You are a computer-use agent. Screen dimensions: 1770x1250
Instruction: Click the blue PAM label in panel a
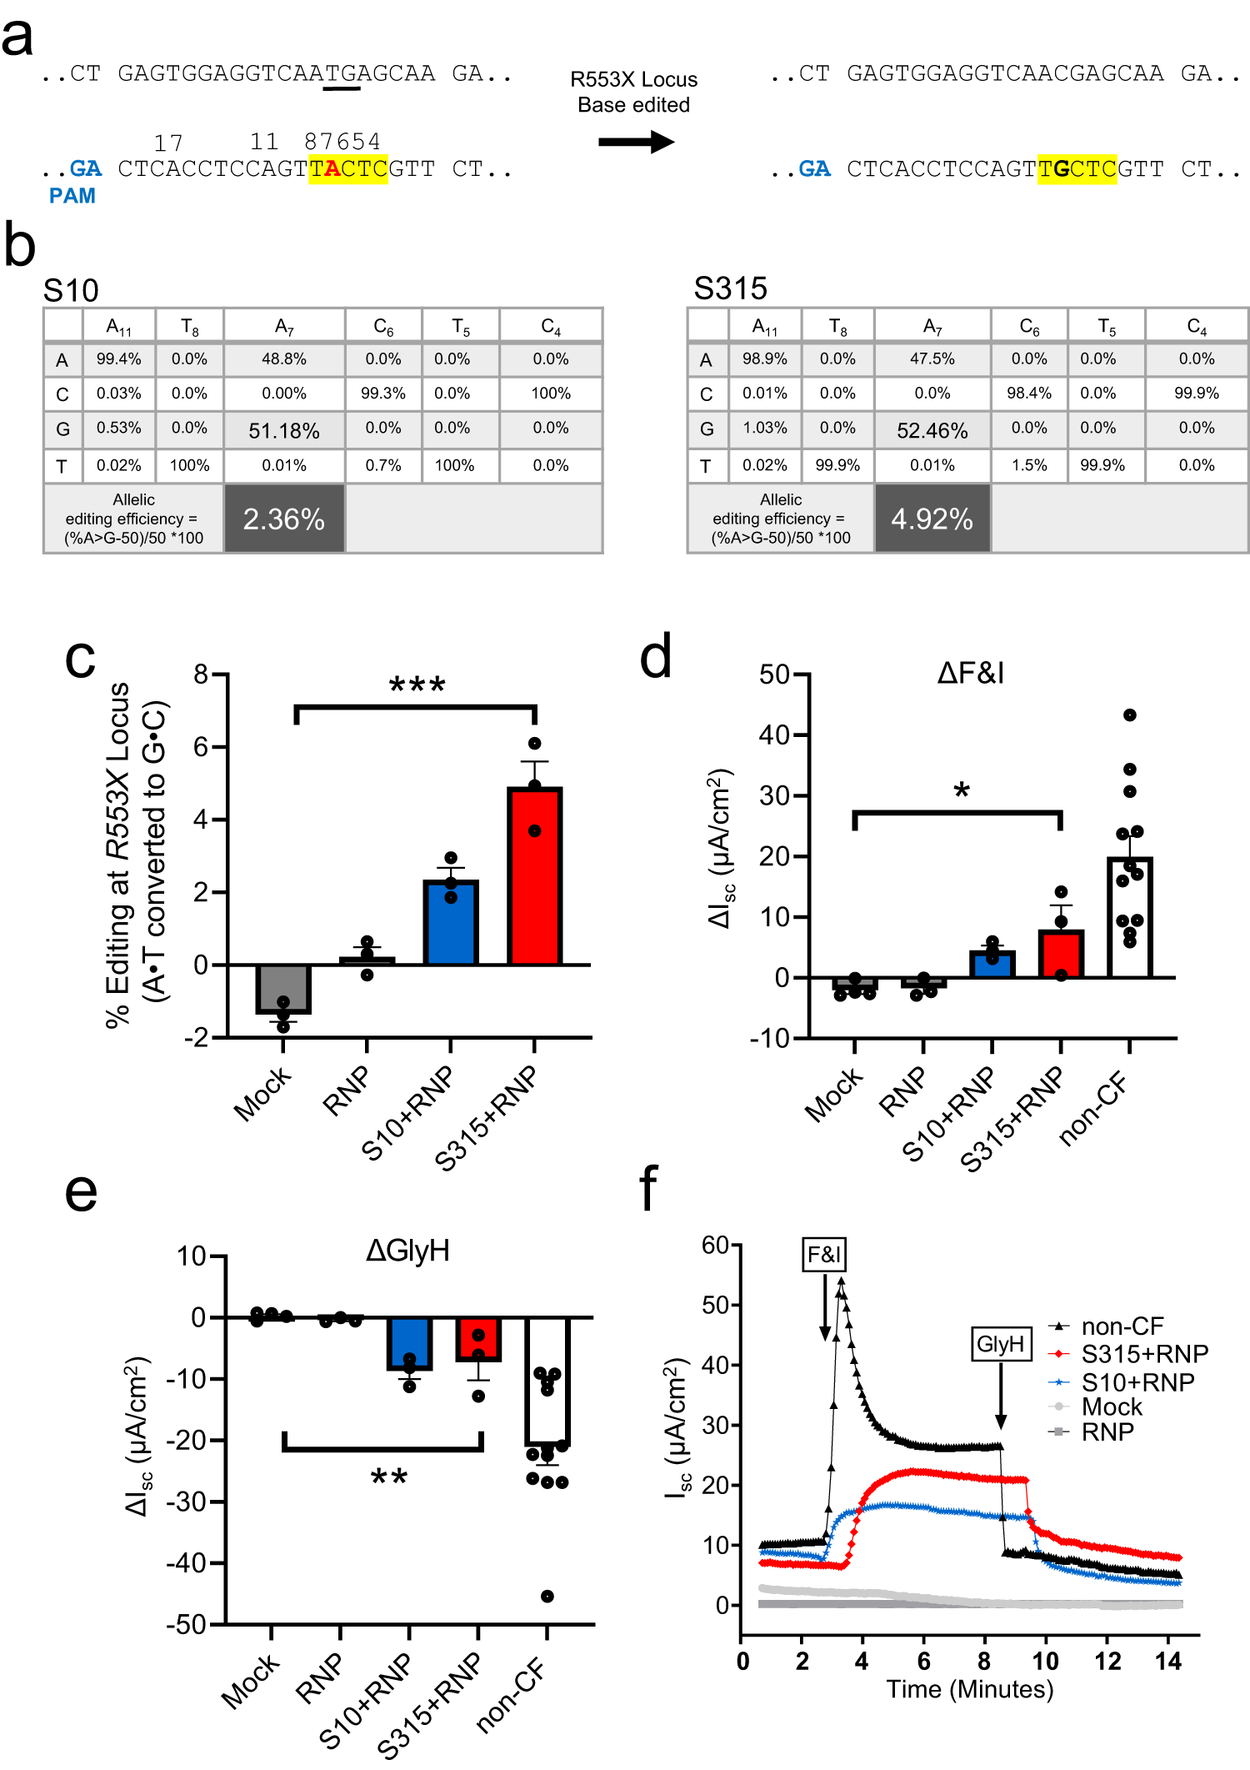coord(72,196)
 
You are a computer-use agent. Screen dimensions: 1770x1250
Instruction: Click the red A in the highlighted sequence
coord(332,169)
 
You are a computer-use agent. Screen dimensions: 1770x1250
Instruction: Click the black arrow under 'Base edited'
coord(635,142)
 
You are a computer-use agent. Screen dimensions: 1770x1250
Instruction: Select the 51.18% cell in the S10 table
coord(284,430)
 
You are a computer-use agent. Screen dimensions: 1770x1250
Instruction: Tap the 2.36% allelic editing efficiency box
coord(284,519)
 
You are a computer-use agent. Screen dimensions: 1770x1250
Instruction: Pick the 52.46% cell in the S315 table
coord(932,430)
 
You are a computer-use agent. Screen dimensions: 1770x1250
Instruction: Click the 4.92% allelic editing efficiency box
coord(932,519)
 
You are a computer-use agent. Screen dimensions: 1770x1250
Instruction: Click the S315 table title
coord(730,288)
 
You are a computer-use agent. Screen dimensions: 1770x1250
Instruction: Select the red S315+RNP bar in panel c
coord(534,875)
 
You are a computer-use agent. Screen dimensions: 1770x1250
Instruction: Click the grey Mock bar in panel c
coord(283,988)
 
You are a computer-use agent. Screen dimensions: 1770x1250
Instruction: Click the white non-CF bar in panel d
coord(1129,917)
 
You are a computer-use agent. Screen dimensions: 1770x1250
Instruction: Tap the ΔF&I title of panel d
coord(970,673)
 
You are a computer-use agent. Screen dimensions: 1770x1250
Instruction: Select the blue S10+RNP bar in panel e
coord(409,1342)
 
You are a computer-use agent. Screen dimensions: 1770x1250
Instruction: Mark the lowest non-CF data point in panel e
coord(547,1596)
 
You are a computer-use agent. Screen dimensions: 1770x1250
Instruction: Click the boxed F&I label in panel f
coord(824,1254)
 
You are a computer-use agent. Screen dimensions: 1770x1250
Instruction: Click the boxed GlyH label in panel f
coord(1000,1343)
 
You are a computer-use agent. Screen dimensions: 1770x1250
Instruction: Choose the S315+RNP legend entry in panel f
coord(1143,1353)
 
